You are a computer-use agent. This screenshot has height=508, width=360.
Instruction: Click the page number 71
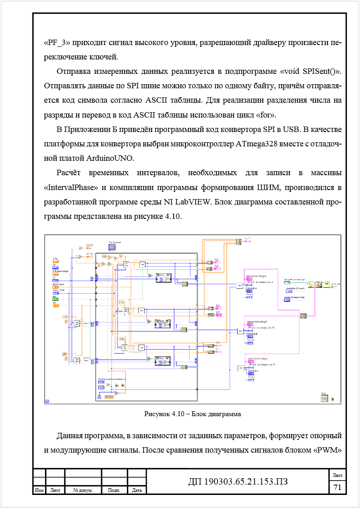337,487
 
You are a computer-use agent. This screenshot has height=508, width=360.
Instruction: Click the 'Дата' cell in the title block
137,490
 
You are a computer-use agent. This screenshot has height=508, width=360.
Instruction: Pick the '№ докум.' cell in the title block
83,490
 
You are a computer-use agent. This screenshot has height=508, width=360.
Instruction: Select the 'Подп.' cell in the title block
114,490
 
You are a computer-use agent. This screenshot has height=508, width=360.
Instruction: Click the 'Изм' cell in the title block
39,490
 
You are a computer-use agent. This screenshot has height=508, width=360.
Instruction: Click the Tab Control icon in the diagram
112,247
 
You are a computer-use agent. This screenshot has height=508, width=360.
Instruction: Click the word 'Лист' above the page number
337,475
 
